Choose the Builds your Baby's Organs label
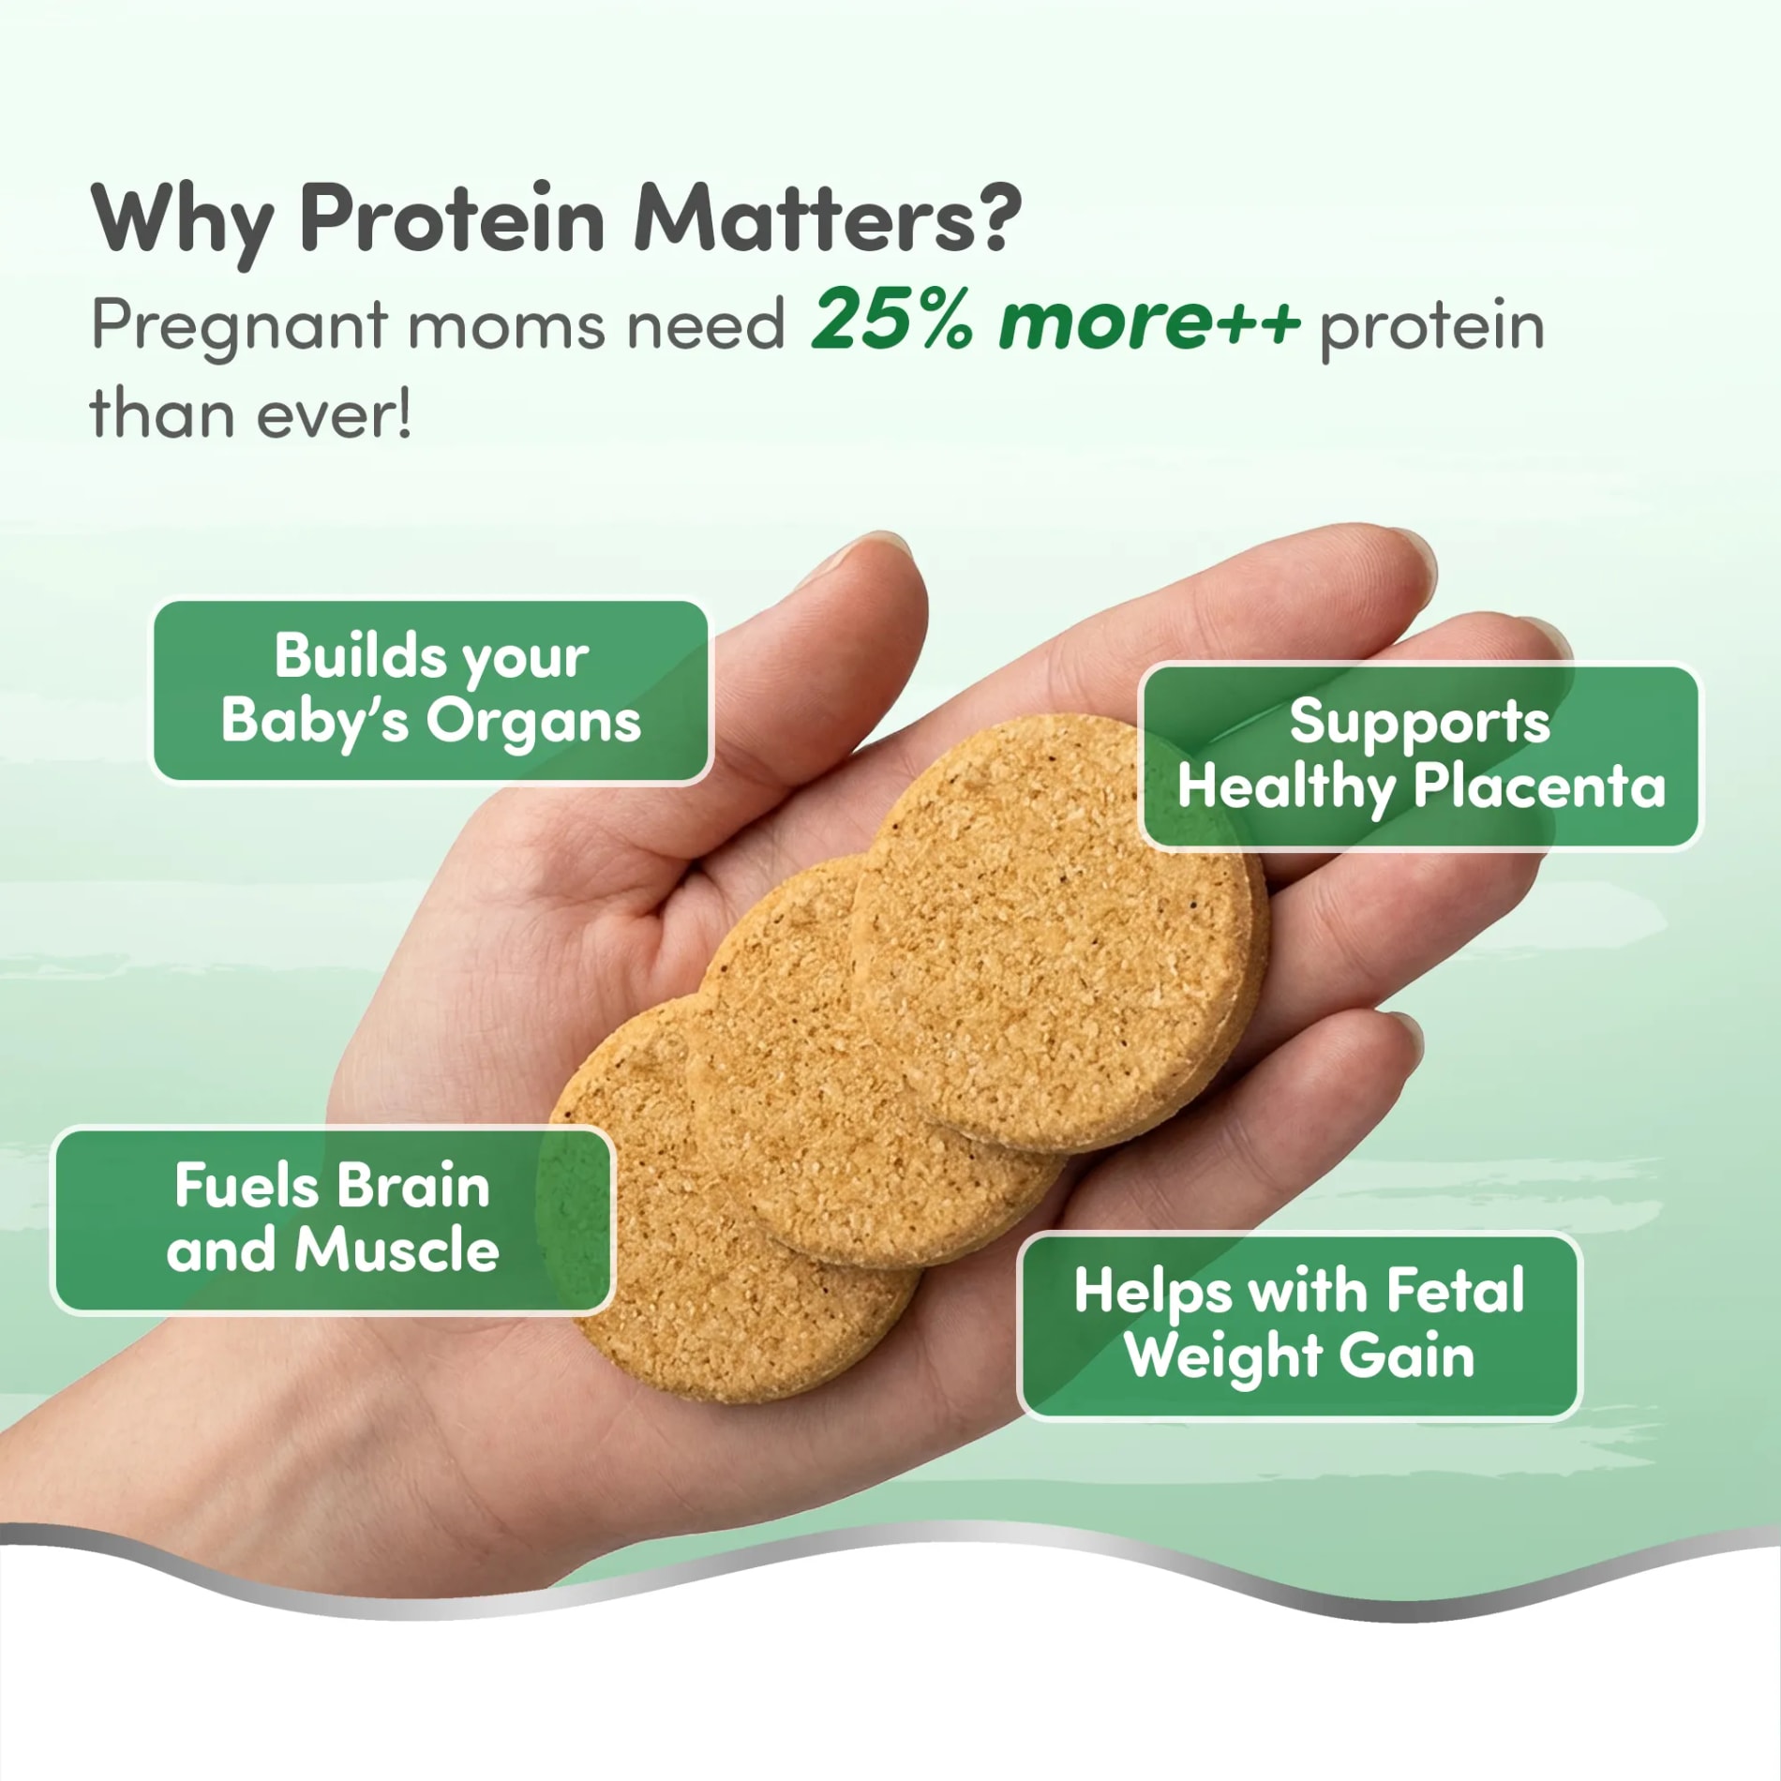point(431,691)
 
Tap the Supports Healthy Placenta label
point(1420,756)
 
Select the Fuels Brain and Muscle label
point(333,1220)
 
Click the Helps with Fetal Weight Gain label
point(1299,1325)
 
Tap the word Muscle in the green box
point(397,1251)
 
